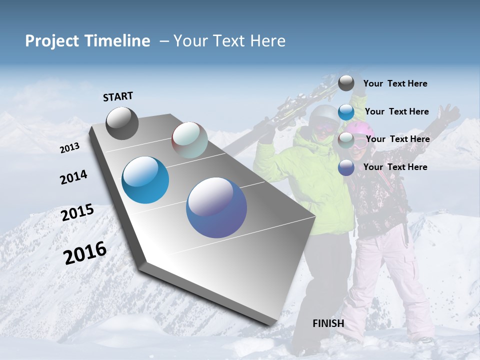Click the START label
click(x=118, y=96)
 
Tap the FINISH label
click(x=328, y=323)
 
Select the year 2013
click(x=69, y=148)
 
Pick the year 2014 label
click(x=73, y=177)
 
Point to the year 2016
click(x=85, y=253)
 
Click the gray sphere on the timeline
click(x=122, y=123)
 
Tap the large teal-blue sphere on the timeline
click(x=145, y=180)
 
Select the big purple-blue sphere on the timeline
click(x=216, y=207)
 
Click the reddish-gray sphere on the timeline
click(x=189, y=140)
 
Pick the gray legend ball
click(x=346, y=83)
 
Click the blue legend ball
click(x=346, y=112)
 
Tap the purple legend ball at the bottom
click(x=346, y=167)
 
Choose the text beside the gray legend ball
click(x=395, y=83)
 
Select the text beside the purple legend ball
click(x=395, y=167)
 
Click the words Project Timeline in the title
click(x=87, y=41)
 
